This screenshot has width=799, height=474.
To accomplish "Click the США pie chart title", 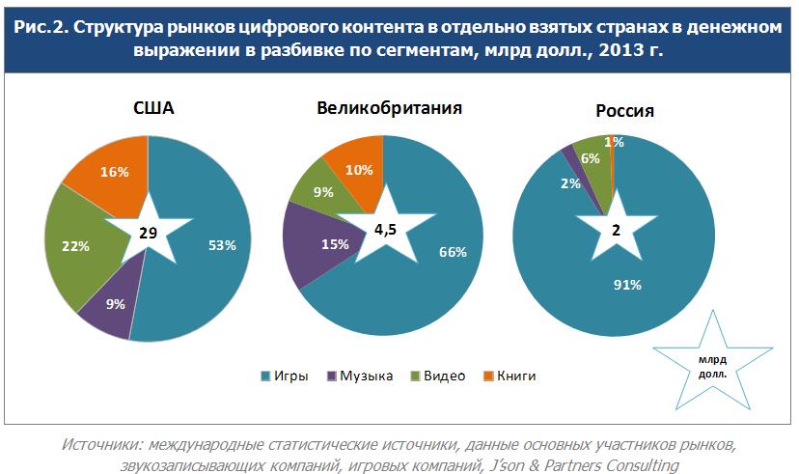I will (x=152, y=107).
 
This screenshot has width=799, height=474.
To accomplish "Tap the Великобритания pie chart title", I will (x=389, y=107).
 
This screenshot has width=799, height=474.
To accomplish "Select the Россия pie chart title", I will (x=624, y=111).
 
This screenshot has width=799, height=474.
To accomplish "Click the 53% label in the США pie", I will (x=222, y=245).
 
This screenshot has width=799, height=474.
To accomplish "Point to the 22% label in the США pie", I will (x=74, y=246).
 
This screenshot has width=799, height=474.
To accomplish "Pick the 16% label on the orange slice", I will (x=115, y=172).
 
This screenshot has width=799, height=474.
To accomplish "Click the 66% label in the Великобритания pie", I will (x=453, y=252).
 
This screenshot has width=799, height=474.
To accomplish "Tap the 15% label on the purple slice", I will (x=335, y=244).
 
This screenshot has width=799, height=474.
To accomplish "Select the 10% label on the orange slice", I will (x=359, y=170).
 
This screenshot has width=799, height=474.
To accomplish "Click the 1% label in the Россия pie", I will (x=615, y=142).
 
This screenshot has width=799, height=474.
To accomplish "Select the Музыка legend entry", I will (x=359, y=376).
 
